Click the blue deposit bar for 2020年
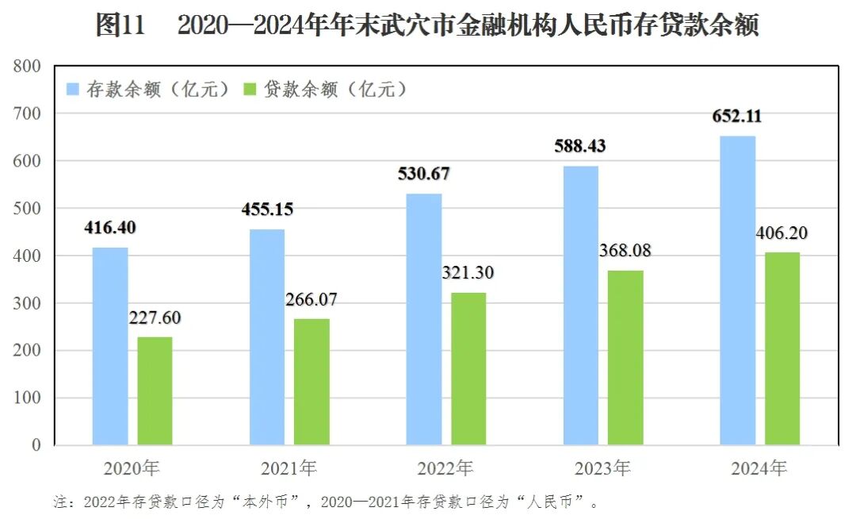(x=110, y=346)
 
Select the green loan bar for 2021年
(x=311, y=382)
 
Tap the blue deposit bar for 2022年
(x=424, y=319)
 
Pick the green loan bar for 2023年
(x=625, y=357)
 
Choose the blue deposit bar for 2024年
(x=738, y=290)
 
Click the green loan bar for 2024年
(x=782, y=348)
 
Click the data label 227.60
(x=155, y=318)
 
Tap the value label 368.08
(x=625, y=251)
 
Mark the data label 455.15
(x=267, y=210)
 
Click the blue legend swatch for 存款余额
(x=72, y=89)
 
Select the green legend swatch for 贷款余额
(x=250, y=89)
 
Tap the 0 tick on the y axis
(x=36, y=445)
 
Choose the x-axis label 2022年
(x=446, y=468)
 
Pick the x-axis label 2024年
(x=759, y=468)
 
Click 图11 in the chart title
(x=120, y=25)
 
